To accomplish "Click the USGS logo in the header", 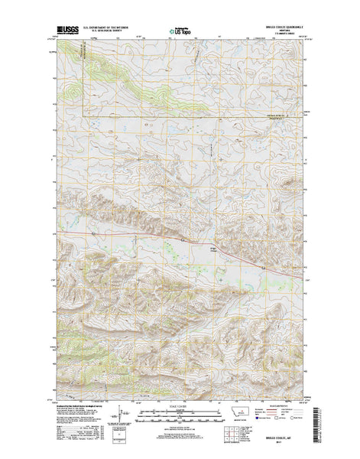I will tap(63, 32).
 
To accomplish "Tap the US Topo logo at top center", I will tap(180, 32).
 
